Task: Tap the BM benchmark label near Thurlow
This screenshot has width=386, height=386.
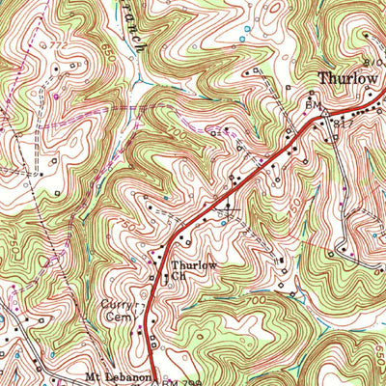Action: click(x=312, y=102)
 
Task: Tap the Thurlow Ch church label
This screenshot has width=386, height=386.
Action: click(x=190, y=270)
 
